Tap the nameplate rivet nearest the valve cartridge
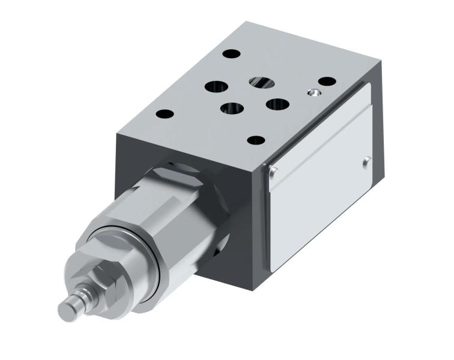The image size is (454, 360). tap(274, 174)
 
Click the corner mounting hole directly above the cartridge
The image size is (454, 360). tap(164, 114)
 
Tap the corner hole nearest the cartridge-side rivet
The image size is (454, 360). tap(256, 140)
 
